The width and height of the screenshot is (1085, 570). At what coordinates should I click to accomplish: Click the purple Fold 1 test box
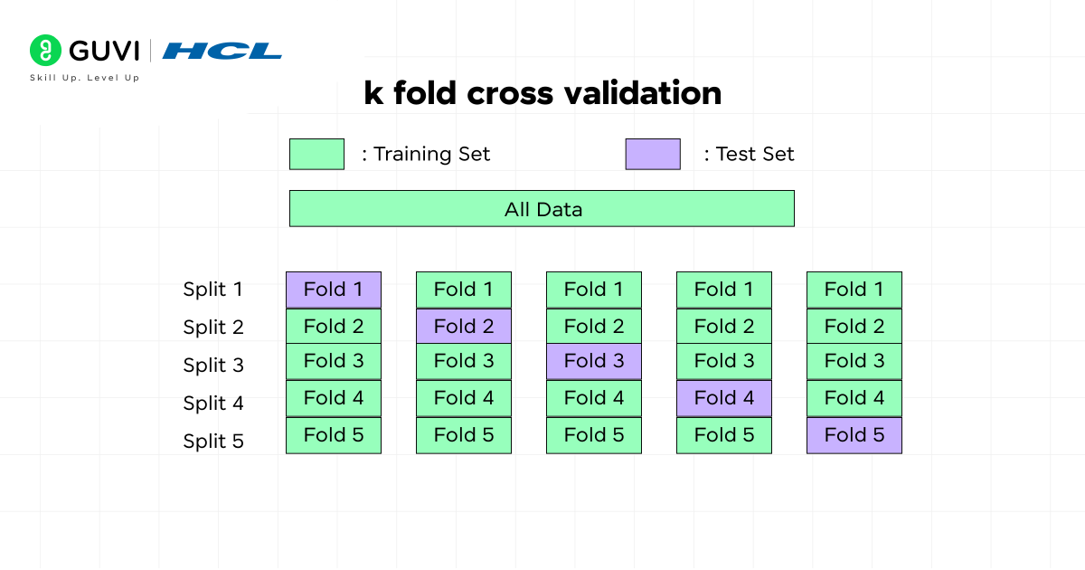click(x=334, y=290)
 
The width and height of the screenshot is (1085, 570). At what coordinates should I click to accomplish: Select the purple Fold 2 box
click(x=464, y=326)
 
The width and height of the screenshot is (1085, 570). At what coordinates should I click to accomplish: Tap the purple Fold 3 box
click(x=594, y=361)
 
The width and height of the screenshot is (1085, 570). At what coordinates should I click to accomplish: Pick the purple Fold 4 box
click(x=724, y=397)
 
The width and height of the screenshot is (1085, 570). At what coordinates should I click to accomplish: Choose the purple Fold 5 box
click(x=854, y=435)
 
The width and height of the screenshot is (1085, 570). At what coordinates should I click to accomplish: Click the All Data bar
click(x=542, y=209)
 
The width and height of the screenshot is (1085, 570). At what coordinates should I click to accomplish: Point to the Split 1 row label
click(x=213, y=290)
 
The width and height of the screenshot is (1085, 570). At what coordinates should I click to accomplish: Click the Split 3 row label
click(x=213, y=366)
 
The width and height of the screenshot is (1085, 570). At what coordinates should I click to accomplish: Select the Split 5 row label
click(x=213, y=442)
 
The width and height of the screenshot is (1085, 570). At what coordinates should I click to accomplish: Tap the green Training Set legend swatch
click(x=316, y=154)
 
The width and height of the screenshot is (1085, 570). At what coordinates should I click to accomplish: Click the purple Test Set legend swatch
click(x=653, y=154)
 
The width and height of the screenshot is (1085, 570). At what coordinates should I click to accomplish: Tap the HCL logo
click(x=222, y=51)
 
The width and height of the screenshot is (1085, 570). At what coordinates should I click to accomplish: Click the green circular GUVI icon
click(x=44, y=50)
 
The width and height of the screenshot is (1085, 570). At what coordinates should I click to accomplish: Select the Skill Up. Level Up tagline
click(x=85, y=78)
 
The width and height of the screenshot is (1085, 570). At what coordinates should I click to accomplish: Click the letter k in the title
click(x=373, y=93)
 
